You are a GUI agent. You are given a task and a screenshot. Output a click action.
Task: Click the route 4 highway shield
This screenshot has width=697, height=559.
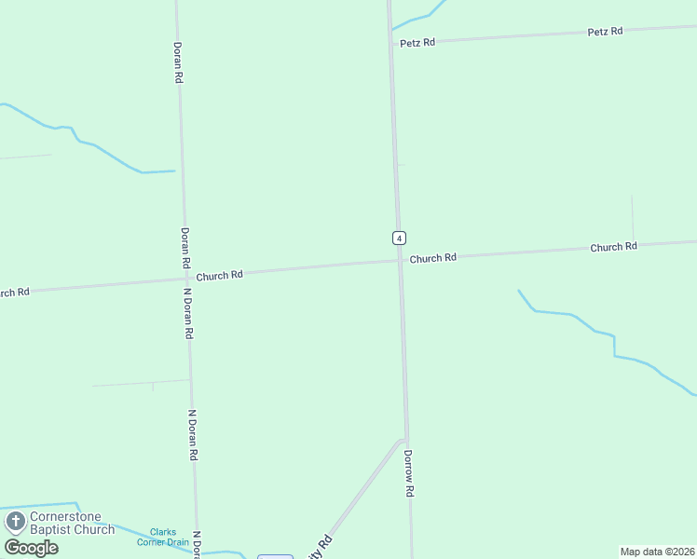399,238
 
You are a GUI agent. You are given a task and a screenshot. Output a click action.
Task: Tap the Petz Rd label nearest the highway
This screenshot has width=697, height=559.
417,43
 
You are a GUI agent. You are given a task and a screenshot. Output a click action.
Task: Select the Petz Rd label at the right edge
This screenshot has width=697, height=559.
605,32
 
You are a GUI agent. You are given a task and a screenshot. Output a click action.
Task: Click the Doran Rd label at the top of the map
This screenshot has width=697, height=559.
177,62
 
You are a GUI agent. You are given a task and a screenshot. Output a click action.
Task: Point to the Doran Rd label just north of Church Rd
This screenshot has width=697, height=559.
185,249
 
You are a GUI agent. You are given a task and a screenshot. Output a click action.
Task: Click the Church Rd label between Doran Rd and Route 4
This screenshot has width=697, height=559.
219,275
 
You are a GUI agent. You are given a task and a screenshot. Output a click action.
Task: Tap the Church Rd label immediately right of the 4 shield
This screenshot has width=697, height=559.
433,258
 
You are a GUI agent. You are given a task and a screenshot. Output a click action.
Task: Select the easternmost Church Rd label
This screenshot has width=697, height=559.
613,247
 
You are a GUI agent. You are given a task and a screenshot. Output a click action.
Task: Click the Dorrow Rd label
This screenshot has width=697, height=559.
408,473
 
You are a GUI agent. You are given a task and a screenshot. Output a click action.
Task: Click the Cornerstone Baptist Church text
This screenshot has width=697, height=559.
72,523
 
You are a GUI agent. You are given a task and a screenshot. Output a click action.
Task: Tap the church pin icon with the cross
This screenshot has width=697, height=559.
15,522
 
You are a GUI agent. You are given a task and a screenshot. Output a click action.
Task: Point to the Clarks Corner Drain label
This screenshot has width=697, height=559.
157,537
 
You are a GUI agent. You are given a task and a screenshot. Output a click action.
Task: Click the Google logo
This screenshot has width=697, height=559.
31,548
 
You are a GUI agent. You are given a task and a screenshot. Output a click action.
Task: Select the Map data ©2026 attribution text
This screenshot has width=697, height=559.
657,552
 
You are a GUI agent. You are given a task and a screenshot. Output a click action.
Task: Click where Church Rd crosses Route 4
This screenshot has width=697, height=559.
401,261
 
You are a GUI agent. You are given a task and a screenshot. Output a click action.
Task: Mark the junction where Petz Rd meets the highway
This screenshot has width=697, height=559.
392,44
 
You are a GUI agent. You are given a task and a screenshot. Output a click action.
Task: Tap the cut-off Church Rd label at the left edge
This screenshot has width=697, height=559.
14,293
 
